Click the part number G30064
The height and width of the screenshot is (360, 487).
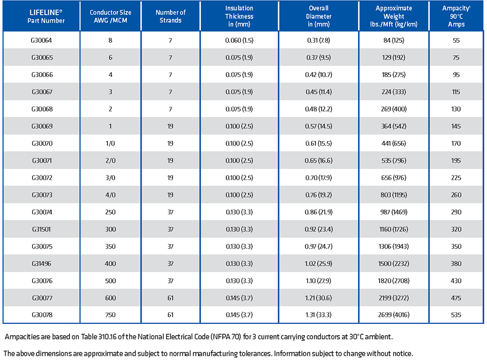(41, 41)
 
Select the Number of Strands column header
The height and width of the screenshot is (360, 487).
(170, 16)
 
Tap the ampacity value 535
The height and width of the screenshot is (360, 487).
(456, 315)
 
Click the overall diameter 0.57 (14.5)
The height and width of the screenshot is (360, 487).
(319, 126)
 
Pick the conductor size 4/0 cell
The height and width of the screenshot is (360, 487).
(110, 195)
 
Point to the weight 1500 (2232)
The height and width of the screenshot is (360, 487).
(394, 264)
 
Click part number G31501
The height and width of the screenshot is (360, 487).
(41, 229)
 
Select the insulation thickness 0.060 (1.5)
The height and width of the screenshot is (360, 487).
(239, 41)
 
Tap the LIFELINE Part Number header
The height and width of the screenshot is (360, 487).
(46, 16)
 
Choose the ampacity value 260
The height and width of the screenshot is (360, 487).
(456, 195)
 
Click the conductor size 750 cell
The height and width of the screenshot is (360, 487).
(110, 315)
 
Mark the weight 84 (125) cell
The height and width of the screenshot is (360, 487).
(394, 41)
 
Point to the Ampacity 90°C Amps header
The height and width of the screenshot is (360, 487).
(456, 16)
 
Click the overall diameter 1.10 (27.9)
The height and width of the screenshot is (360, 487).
(319, 281)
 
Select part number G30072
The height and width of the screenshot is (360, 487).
(42, 178)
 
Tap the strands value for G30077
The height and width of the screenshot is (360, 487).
(170, 298)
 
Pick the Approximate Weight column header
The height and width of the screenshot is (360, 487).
(394, 16)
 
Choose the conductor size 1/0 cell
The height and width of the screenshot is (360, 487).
(110, 143)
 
